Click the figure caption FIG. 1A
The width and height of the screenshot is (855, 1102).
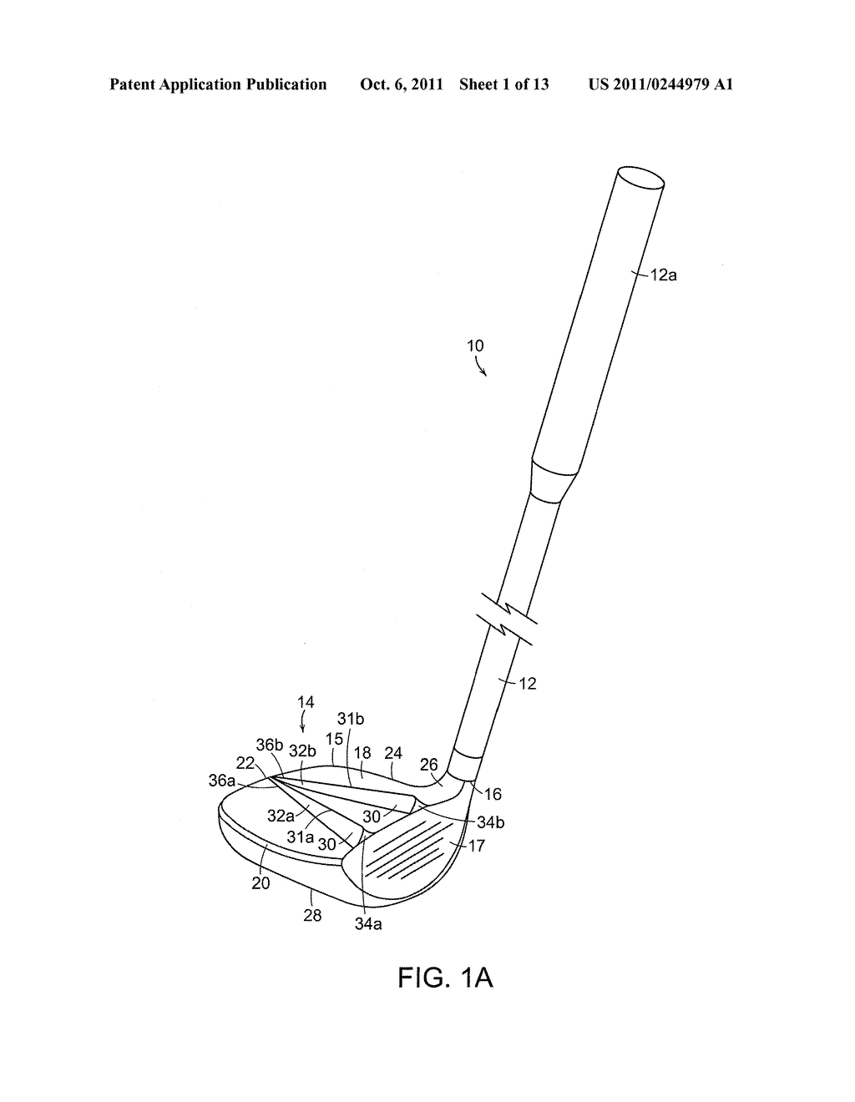point(445,977)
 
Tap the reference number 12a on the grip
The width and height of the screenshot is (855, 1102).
point(664,274)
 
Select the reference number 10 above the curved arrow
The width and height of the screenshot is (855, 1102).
point(474,346)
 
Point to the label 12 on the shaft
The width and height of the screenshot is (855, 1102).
point(527,684)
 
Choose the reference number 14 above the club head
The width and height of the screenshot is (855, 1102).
point(306,702)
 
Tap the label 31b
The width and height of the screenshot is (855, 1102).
point(351,719)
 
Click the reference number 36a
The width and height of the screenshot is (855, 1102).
point(221,780)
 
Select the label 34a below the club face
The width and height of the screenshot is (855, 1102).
point(368,923)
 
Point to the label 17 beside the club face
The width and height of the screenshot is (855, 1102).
point(476,846)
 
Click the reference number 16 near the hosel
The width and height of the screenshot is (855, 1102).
point(493,794)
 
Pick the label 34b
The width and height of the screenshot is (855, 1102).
point(491,822)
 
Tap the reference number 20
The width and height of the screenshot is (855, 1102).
point(261,882)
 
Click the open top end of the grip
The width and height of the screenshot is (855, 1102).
point(640,177)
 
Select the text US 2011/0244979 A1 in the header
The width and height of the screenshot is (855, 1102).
point(660,84)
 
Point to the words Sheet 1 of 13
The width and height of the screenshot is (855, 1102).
point(503,84)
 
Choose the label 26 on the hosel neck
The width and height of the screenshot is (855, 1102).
point(429,765)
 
